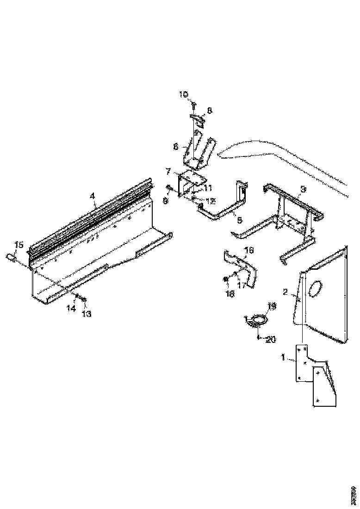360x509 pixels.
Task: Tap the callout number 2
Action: pyautogui.click(x=286, y=292)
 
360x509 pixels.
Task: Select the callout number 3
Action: pyautogui.click(x=303, y=189)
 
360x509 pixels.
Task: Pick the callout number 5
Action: pyautogui.click(x=239, y=220)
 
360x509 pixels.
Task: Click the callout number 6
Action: pyautogui.click(x=176, y=147)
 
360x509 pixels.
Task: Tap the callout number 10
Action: pyautogui.click(x=184, y=94)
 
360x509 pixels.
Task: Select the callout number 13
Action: pyautogui.click(x=87, y=314)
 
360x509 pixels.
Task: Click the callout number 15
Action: pyautogui.click(x=19, y=244)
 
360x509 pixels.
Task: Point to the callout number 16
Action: pyautogui.click(x=249, y=250)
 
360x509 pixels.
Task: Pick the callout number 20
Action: pyautogui.click(x=271, y=340)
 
